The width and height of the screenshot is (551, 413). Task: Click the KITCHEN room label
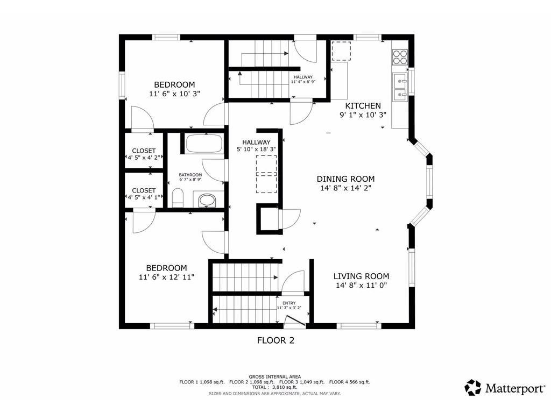(x=363, y=106)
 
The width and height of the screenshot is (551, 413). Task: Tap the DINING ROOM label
(x=345, y=179)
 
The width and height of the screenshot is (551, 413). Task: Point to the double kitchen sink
(x=400, y=88)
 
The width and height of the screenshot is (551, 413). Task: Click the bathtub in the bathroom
(x=204, y=144)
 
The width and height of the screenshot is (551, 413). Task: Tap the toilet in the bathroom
(x=178, y=199)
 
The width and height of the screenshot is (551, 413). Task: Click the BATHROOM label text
(x=190, y=175)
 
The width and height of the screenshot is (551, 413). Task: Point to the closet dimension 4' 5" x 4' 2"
(x=144, y=158)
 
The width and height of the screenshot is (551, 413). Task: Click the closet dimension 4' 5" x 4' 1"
(x=144, y=197)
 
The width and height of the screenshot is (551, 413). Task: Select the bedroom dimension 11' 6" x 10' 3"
(x=174, y=94)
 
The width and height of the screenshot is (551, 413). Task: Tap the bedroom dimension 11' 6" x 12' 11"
(x=167, y=277)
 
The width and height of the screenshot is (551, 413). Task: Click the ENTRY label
(x=289, y=303)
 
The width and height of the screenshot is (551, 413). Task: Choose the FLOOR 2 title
(x=275, y=340)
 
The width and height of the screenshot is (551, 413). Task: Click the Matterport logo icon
(x=473, y=387)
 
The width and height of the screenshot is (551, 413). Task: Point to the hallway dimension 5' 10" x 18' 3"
(x=256, y=149)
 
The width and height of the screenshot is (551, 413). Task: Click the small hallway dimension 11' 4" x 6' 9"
(x=303, y=82)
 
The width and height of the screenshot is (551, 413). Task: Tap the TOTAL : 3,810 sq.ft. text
(x=275, y=387)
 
